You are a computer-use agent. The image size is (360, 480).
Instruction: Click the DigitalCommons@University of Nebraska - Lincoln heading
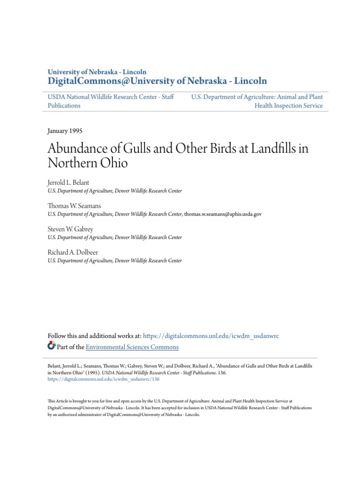(157, 81)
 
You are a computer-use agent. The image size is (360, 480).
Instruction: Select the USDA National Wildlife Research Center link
(111, 101)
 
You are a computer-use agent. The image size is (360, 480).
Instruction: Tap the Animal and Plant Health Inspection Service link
(257, 101)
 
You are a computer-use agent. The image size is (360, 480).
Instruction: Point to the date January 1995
(65, 131)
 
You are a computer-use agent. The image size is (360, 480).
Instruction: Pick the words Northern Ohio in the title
(88, 164)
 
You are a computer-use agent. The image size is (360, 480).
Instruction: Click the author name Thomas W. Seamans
(74, 205)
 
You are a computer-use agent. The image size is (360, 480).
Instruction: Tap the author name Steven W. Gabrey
(71, 228)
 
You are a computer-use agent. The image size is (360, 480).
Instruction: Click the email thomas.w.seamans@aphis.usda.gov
(223, 214)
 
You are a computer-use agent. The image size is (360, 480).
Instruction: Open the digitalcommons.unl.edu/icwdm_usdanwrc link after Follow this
(210, 336)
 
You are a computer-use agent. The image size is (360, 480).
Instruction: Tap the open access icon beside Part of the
(52, 346)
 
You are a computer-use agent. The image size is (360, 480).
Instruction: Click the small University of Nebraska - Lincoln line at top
(97, 72)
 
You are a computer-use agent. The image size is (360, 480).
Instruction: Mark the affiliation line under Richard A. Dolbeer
(115, 260)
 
